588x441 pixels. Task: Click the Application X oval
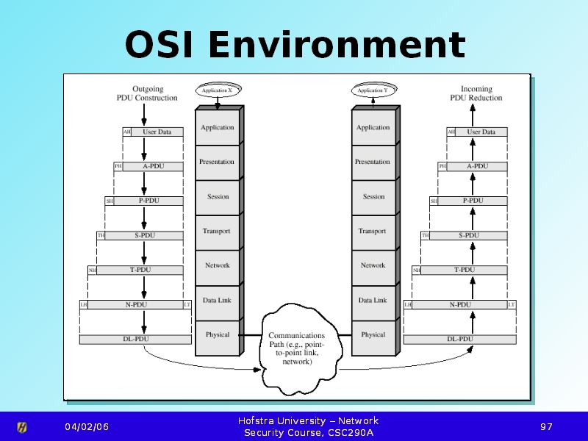pos(218,90)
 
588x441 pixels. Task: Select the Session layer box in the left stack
pos(218,197)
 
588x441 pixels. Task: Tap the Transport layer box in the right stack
pos(373,232)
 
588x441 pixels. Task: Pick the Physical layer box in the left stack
pos(218,335)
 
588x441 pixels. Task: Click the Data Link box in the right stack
pos(373,301)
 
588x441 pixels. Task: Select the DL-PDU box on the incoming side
pos(460,340)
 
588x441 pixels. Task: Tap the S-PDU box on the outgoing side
pos(144,236)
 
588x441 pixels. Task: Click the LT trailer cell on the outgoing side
pos(187,304)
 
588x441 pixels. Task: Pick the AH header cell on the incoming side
pos(451,132)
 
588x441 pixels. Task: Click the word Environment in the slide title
pos(337,45)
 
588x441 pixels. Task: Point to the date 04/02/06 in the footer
pos(86,427)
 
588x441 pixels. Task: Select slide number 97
pos(545,427)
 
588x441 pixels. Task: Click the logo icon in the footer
pos(22,427)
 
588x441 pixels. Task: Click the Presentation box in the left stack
pos(218,162)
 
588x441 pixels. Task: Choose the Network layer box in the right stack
pos(373,266)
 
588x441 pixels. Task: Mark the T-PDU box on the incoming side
pos(464,270)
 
